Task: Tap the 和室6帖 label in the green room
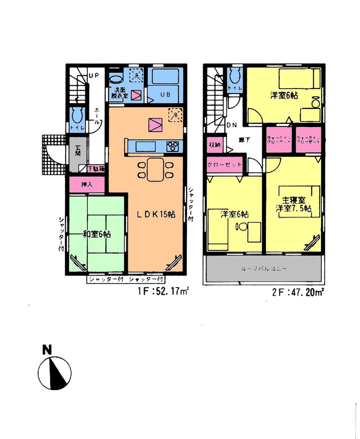pyautogui.click(x=96, y=234)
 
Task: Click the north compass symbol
pyautogui.click(x=54, y=372)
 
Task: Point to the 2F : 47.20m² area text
pyautogui.click(x=297, y=293)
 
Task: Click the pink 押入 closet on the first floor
pyautogui.click(x=87, y=185)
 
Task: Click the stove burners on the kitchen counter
pyautogui.click(x=172, y=146)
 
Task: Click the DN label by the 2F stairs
pyautogui.click(x=231, y=125)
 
